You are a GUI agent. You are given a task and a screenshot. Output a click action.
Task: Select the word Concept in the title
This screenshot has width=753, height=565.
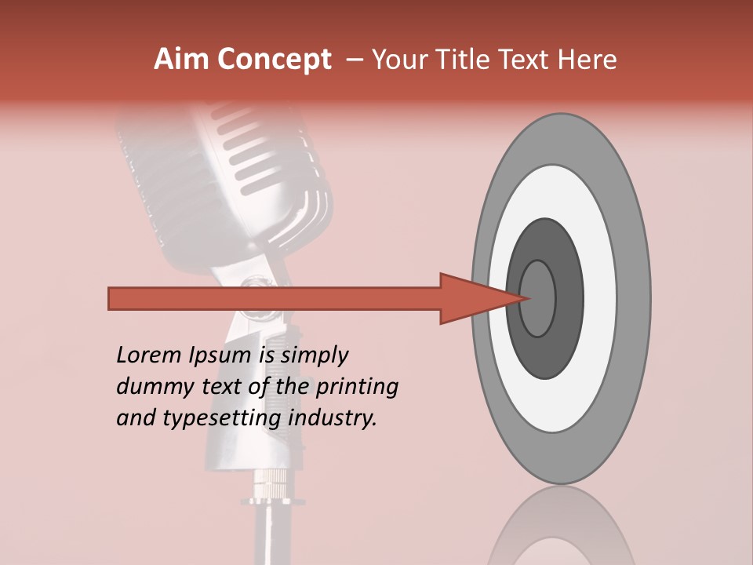click(x=274, y=60)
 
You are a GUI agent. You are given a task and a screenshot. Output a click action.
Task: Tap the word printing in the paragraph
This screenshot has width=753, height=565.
click(x=357, y=387)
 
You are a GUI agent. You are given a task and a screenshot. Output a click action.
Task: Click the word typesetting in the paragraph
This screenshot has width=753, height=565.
click(x=222, y=418)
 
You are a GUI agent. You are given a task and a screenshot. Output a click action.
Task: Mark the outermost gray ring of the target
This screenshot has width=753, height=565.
click(x=635, y=298)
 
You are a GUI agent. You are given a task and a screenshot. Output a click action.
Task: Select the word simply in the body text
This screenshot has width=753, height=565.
click(x=314, y=355)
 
